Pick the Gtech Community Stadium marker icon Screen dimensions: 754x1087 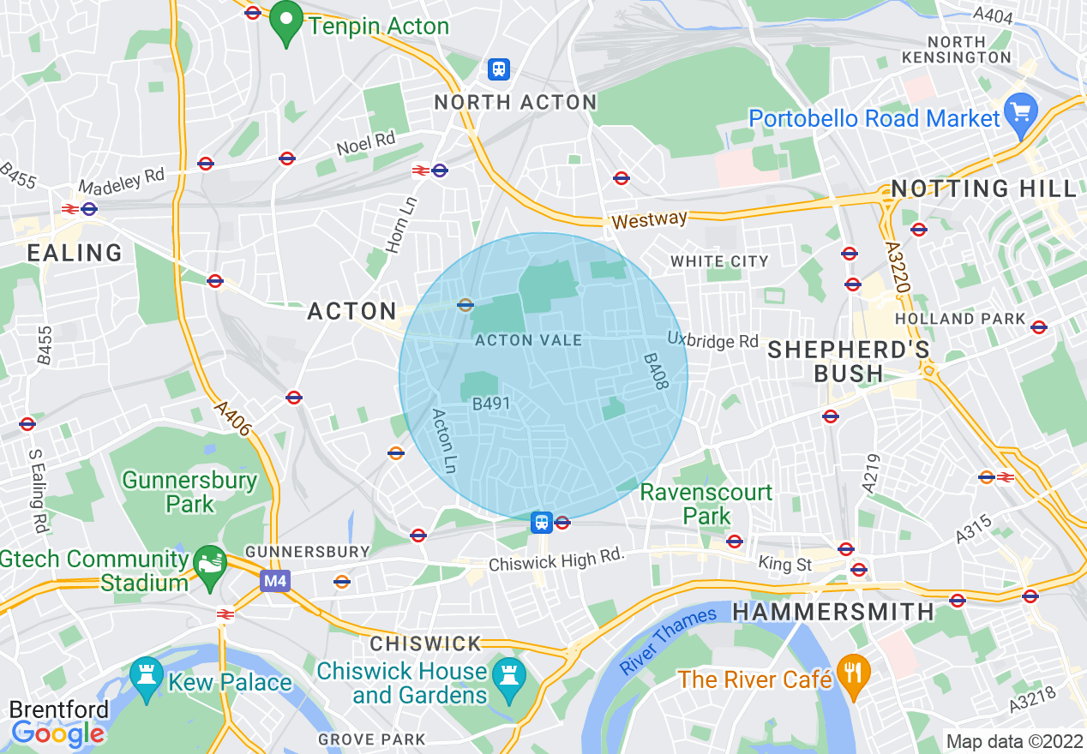209,564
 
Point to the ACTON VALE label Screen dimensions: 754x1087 529,340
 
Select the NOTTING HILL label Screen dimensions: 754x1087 983,188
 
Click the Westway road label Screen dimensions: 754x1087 649,220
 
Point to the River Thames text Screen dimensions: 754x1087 669,640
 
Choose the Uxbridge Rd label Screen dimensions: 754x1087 713,340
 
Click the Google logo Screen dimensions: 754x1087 57,733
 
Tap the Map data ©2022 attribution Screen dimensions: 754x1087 1013,740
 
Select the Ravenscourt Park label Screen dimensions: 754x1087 706,504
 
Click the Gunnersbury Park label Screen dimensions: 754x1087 189,492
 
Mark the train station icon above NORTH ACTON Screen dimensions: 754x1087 498,69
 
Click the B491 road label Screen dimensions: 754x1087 491,403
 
